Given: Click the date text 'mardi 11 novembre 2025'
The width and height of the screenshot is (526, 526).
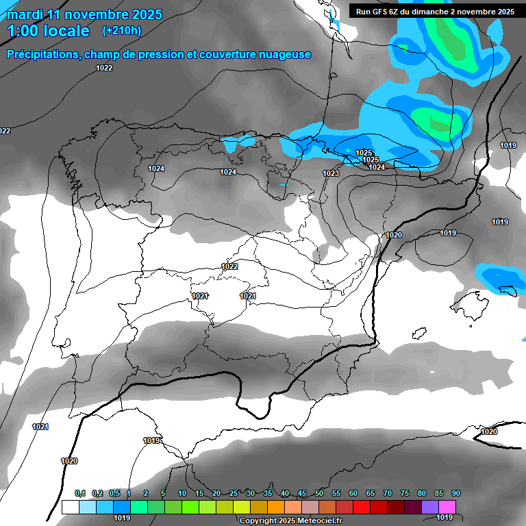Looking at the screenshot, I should tap(84, 14).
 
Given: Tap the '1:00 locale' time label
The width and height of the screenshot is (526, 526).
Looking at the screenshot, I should tap(49, 31).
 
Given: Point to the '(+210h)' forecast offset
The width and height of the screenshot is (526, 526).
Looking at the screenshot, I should tap(122, 31).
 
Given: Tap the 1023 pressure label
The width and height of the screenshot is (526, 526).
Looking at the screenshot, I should tap(331, 173).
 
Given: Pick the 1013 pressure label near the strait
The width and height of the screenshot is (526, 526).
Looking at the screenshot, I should tap(151, 440).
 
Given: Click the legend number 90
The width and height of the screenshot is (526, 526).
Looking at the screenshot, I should tap(456, 494).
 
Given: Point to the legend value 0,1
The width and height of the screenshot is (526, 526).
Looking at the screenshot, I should tap(80, 494).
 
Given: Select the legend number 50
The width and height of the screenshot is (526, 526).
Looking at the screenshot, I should tap(319, 494).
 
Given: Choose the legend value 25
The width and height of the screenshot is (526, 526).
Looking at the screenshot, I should tap(234, 494).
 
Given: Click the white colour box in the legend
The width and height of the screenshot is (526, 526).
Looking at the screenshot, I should tap(70, 507).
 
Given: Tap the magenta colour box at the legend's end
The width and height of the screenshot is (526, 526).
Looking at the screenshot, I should tap(447, 507).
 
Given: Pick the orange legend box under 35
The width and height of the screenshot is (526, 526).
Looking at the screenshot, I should tap(275, 507).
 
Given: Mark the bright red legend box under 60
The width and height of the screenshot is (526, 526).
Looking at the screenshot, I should tap(361, 507).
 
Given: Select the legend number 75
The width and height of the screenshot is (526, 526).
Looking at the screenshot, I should tap(405, 494).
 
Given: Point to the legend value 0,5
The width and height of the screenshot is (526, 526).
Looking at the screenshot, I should tap(114, 494).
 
